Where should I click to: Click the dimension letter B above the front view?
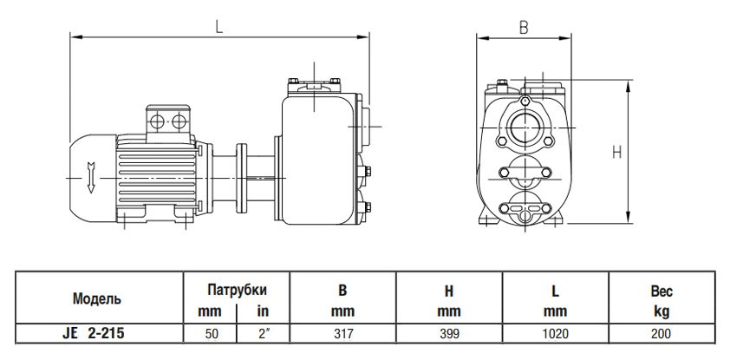coord(524,27)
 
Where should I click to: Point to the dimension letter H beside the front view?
coord(616,152)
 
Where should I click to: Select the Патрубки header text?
coord(235,289)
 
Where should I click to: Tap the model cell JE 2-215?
coord(96,331)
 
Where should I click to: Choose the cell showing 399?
coord(448,331)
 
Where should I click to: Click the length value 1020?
coord(556,331)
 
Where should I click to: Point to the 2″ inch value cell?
coord(261,331)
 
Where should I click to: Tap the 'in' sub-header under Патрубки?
coord(261,311)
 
